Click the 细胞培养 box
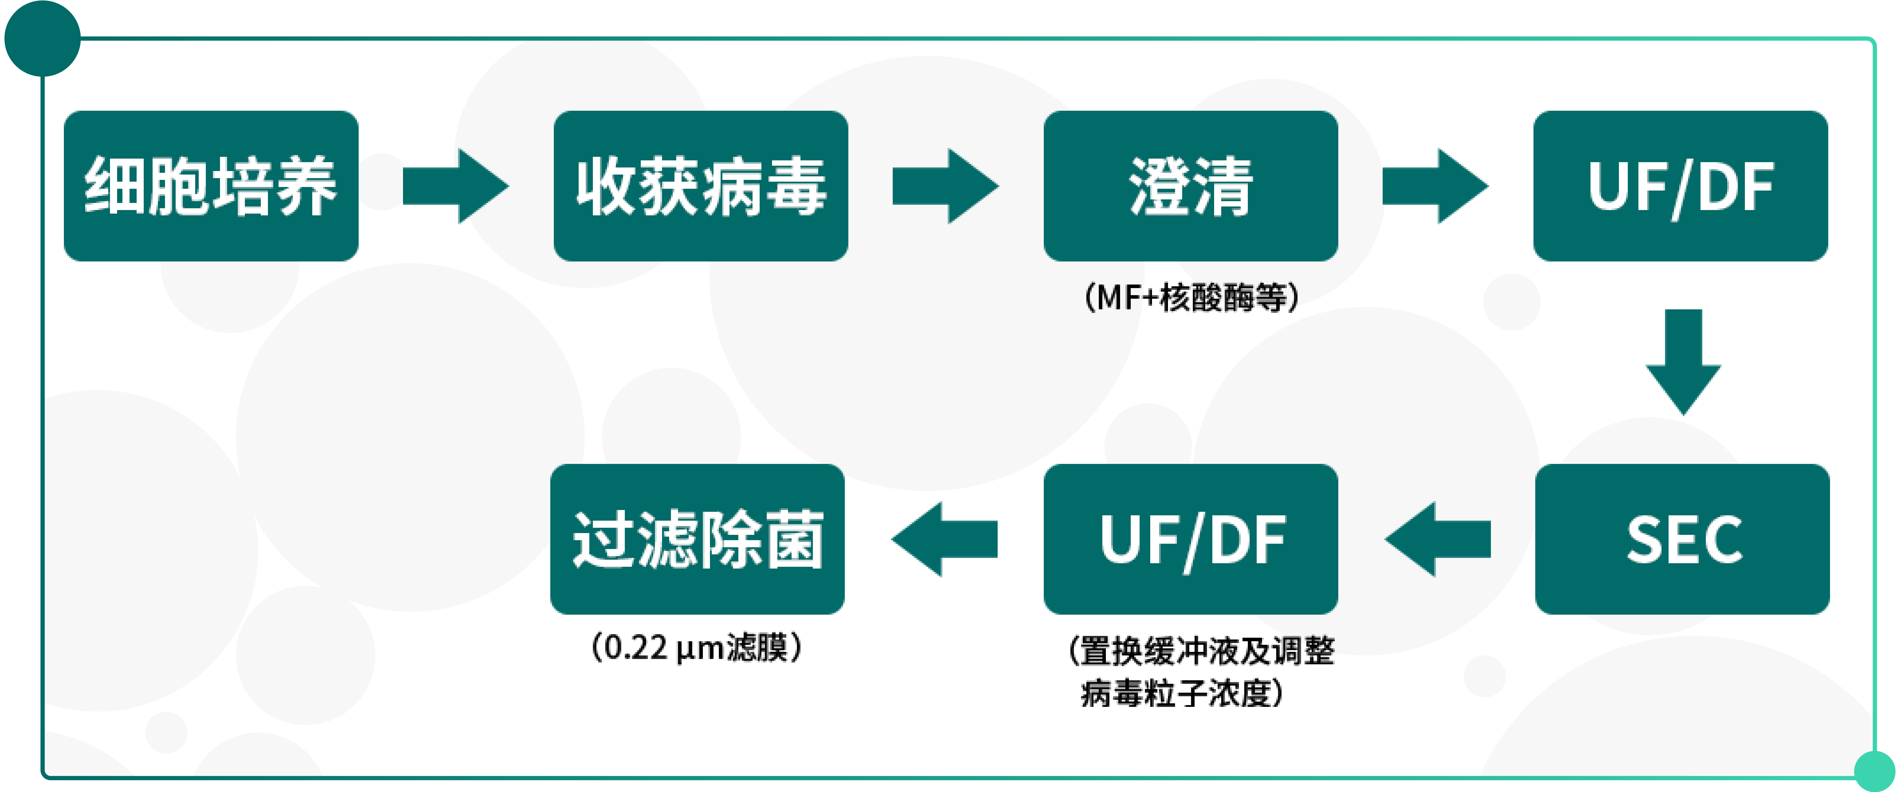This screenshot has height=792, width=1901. click(211, 186)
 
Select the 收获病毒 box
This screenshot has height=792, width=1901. click(700, 186)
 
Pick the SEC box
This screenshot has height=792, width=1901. click(1682, 539)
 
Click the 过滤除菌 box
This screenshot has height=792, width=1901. click(697, 539)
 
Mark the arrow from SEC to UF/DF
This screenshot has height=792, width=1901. click(1438, 539)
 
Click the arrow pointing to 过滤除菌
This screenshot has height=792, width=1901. click(945, 539)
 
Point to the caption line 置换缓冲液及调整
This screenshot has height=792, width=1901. click(1201, 650)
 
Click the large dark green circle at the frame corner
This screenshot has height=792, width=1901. click(42, 38)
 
